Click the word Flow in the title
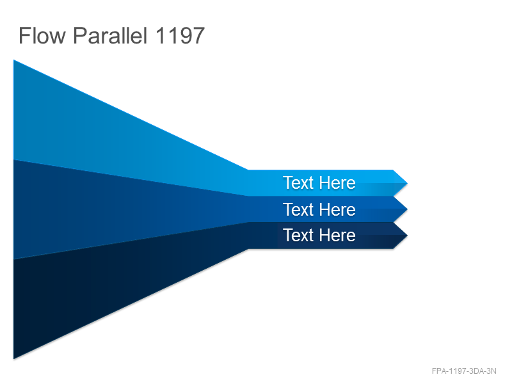[42, 35]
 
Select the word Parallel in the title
[110, 35]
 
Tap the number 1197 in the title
[180, 35]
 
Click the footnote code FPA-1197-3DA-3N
[463, 371]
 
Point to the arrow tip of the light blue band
[407, 183]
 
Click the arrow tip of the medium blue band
[407, 209]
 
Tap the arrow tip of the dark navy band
[407, 236]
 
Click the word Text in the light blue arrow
[298, 182]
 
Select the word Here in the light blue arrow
[337, 182]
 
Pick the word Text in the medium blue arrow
[298, 209]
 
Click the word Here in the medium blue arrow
[337, 209]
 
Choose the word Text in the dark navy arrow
[298, 235]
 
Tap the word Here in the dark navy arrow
[337, 235]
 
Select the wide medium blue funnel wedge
[98, 209]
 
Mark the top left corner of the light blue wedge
[13, 60]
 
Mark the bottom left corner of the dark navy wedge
[13, 359]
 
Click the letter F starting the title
[24, 35]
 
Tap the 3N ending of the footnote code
[492, 371]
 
